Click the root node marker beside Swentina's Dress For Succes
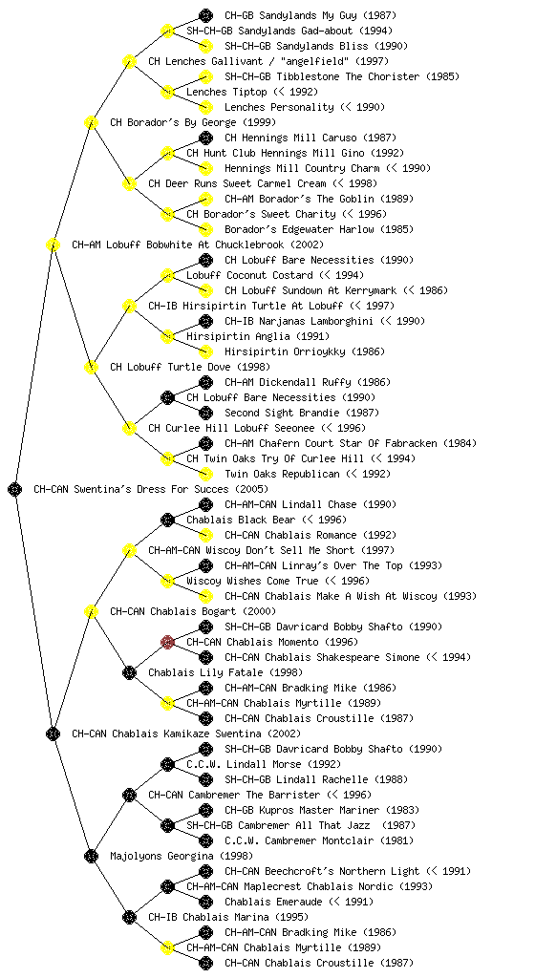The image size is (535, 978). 15,489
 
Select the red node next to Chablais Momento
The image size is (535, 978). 167,642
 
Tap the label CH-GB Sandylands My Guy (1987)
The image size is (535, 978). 310,15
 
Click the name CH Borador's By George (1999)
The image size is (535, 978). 193,122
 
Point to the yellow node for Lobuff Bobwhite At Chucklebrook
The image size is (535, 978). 53,244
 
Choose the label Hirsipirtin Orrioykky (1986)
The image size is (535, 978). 305,351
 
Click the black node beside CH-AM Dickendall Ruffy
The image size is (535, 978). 205,382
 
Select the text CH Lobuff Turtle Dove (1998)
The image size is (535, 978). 190,367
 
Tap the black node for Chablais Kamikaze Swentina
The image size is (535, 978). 53,733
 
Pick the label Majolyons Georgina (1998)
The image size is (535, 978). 182,856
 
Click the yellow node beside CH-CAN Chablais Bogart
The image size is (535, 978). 91,611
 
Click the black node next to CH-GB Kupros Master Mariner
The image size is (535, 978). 205,810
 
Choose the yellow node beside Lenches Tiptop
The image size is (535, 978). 167,92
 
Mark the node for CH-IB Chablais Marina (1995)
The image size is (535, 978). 129,917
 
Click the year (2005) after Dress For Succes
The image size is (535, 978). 251,489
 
